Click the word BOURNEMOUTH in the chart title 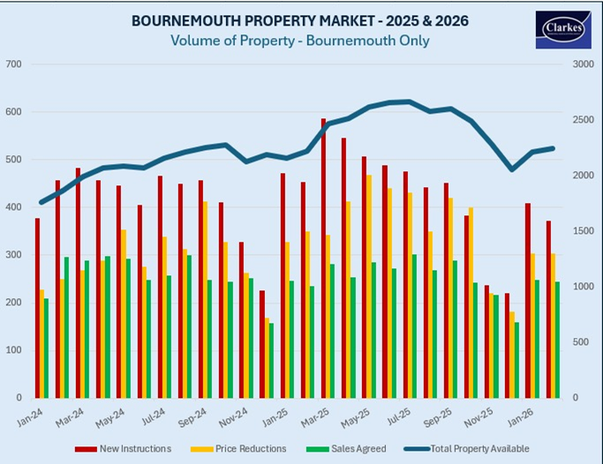coord(177,19)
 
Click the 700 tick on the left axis coord(13,64)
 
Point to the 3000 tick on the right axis coord(580,64)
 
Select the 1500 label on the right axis coord(580,231)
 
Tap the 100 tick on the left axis coord(13,350)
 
